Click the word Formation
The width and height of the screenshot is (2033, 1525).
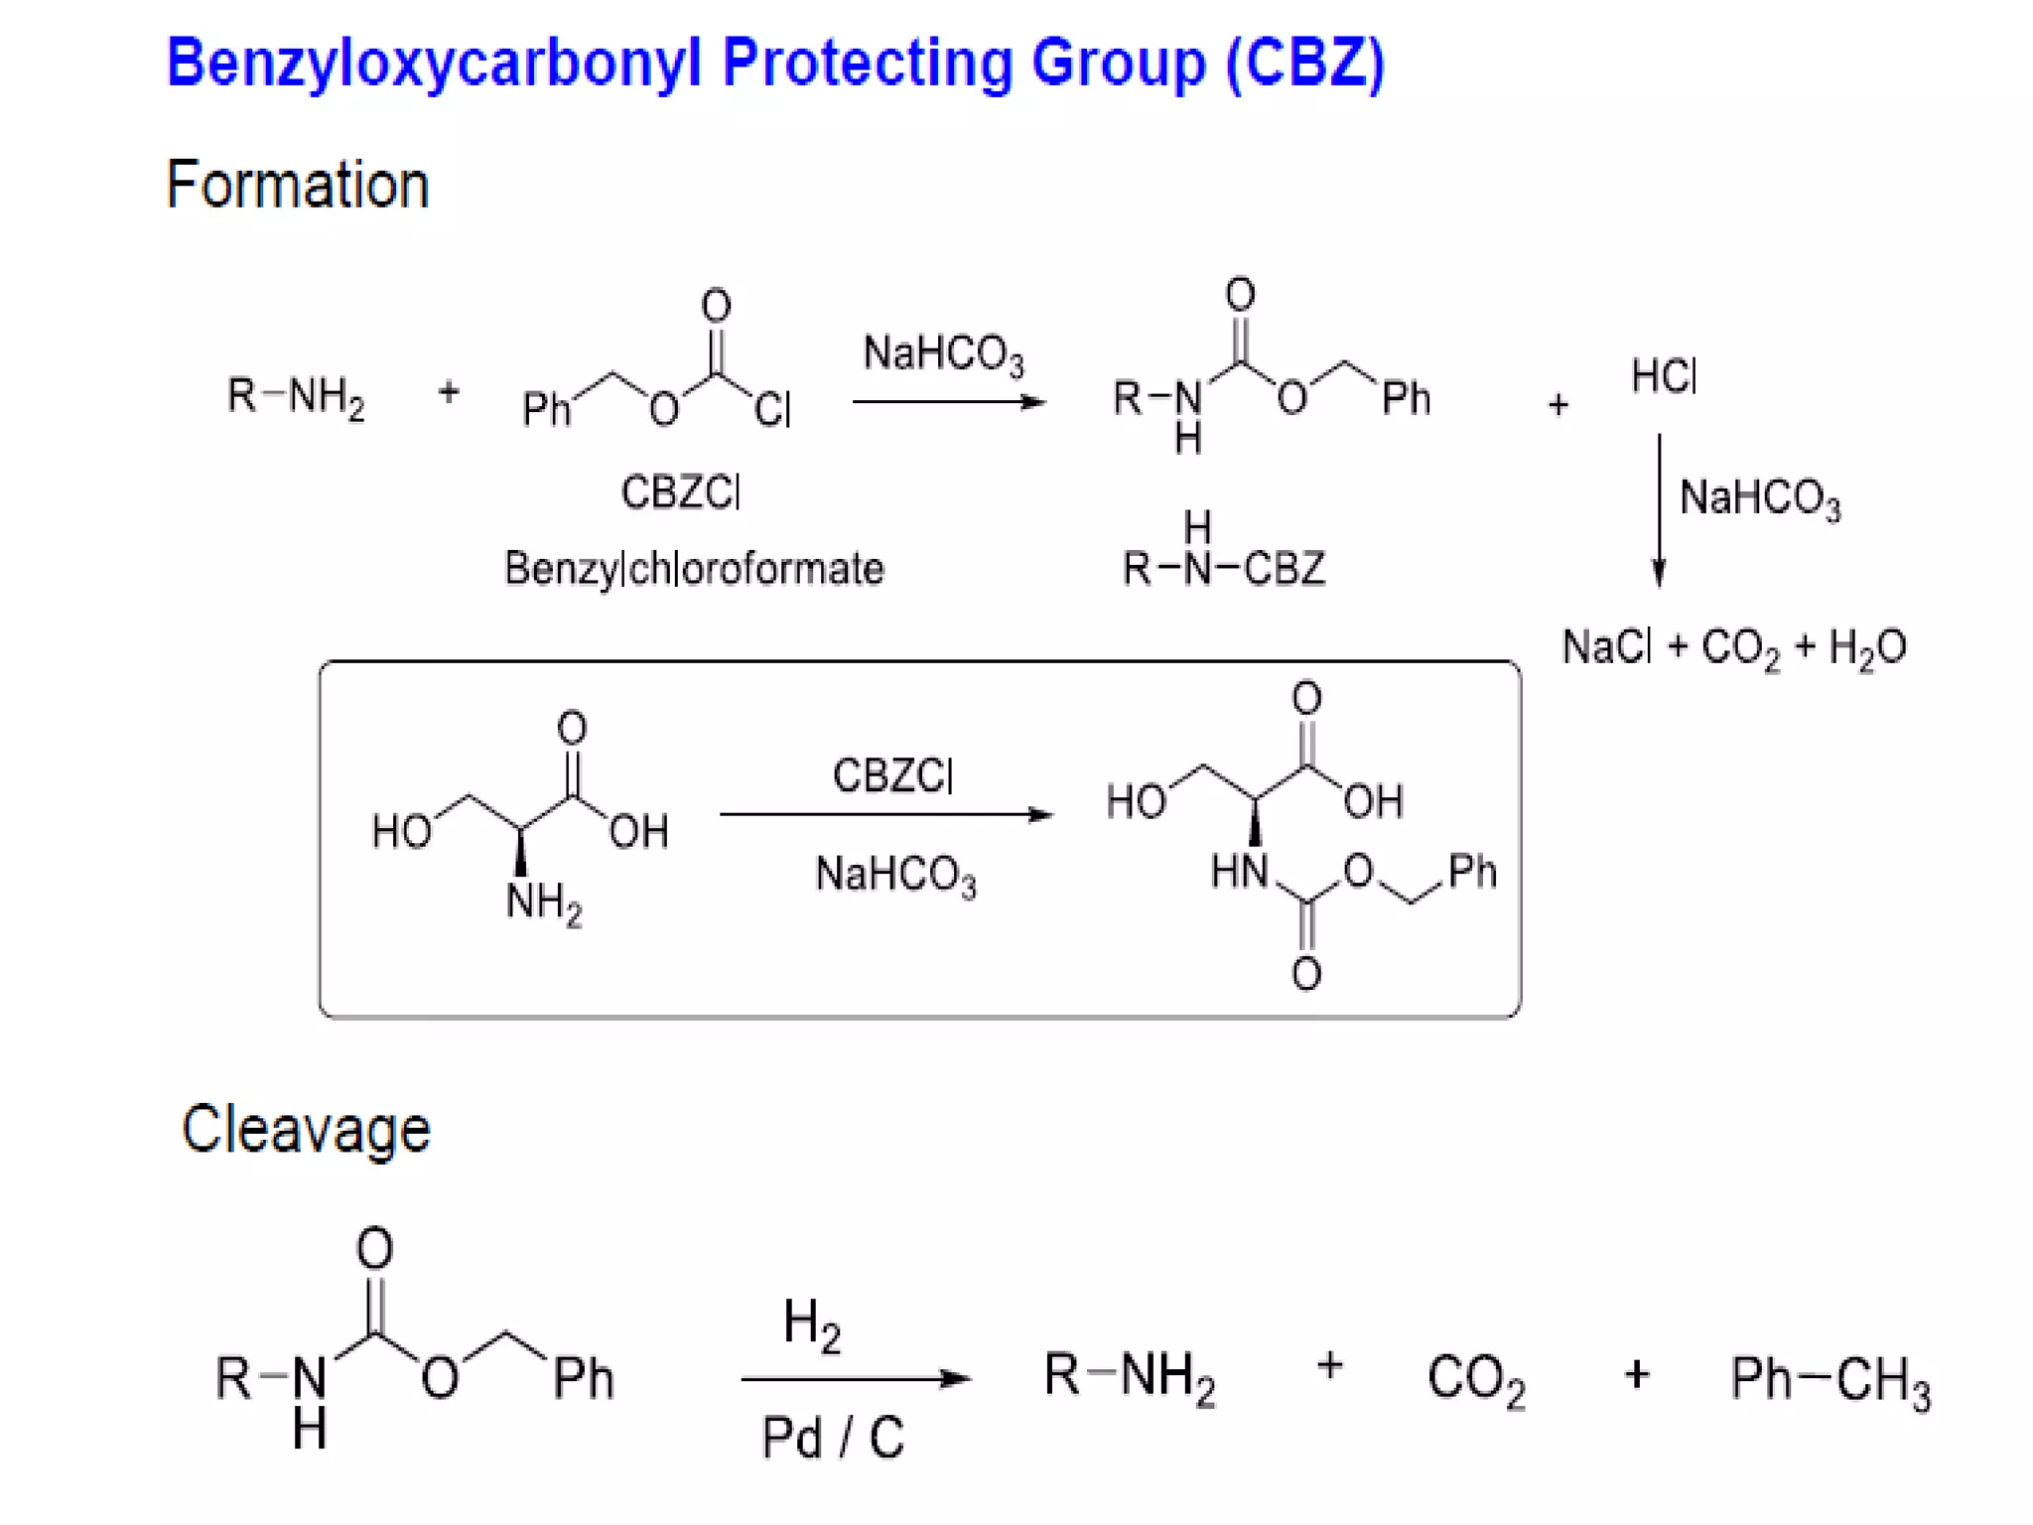298,186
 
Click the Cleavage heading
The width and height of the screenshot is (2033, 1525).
306,1130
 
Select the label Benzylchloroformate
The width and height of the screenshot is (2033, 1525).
694,569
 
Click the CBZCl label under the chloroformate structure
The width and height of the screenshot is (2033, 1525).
681,492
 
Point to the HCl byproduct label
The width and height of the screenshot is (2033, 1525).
1664,377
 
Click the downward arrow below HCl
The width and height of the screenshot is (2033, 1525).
1659,510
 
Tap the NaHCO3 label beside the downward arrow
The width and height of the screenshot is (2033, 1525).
1760,498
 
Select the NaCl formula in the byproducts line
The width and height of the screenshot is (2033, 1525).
1607,647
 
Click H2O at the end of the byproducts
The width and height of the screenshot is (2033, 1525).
1867,647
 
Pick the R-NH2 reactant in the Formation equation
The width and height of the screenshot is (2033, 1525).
296,396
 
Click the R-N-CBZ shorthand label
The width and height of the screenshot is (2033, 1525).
1223,568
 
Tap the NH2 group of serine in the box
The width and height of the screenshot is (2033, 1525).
543,902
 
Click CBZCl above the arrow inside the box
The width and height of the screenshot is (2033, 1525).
892,775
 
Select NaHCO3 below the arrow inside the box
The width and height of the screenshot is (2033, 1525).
895,875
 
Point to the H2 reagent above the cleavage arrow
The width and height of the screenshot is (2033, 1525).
811,1323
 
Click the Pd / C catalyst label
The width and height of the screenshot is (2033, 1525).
833,1437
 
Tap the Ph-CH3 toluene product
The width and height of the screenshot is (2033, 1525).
1830,1379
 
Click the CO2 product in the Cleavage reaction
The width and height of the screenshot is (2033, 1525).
1476,1379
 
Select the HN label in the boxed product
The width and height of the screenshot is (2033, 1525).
1240,872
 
